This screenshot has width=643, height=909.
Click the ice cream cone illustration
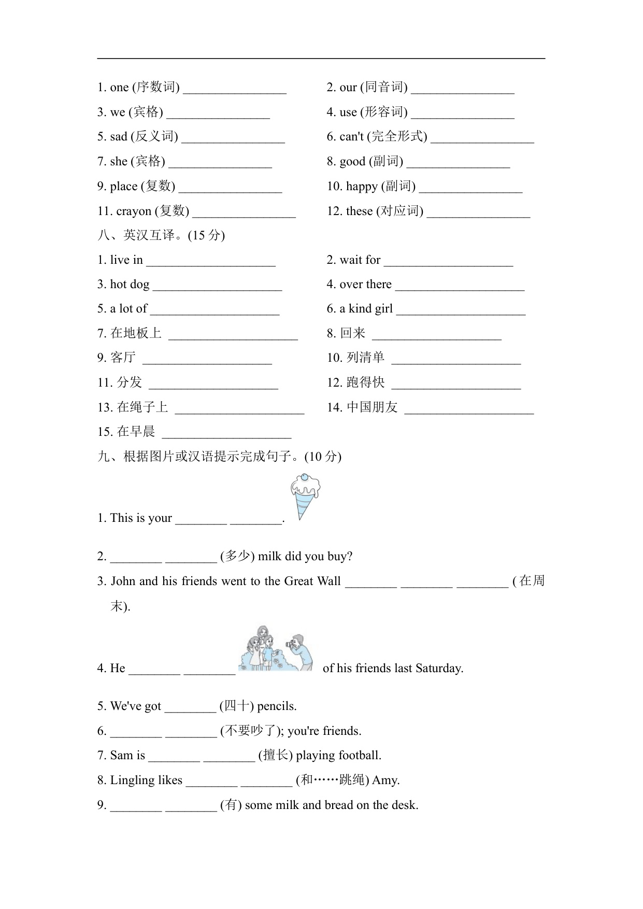305,496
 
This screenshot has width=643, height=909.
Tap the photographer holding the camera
300,652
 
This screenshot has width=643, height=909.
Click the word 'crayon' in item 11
134,211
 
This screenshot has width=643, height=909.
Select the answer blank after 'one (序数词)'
235,88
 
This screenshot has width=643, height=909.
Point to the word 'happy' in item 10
362,187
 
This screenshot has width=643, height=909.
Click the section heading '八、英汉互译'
161,235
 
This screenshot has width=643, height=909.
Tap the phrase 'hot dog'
130,285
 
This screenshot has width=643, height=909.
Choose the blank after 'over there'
460,286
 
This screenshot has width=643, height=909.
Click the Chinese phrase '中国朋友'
372,407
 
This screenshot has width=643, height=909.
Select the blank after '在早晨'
226,433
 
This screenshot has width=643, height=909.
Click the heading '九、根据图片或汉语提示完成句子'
219,457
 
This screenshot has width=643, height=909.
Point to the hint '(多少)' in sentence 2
237,557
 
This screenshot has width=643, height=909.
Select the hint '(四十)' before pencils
237,706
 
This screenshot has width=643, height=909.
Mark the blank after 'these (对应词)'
478,212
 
